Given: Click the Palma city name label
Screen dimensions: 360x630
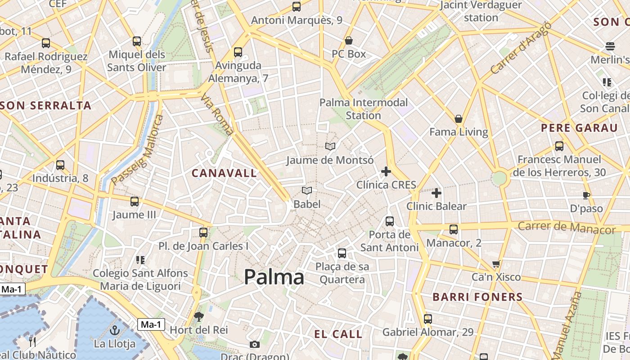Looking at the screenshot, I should [274, 277].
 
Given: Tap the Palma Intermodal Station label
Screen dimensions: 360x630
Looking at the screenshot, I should [364, 109].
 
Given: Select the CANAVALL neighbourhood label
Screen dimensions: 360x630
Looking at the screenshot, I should [224, 173].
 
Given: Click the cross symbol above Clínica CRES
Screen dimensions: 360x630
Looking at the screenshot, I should [386, 171].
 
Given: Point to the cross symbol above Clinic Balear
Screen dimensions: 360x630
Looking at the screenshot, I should [436, 193].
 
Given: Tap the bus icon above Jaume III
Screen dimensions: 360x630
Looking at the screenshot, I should [134, 202].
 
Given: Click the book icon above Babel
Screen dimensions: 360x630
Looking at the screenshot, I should [307, 191].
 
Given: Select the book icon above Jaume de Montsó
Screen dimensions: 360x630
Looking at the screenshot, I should [330, 147].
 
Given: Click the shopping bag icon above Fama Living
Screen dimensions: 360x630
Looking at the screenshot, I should [459, 119].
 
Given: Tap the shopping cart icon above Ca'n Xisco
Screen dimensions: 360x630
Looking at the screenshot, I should [496, 264].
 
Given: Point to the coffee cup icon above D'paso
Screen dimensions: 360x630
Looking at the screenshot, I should [586, 195].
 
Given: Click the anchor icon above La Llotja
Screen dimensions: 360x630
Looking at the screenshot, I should [114, 330].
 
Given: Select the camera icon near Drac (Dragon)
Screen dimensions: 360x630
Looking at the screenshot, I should [255, 345].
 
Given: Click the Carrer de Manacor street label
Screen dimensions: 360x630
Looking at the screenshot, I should [566, 228].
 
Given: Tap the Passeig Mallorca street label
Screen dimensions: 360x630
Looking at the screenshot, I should [138, 150].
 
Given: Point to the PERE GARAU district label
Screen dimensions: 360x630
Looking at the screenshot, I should [579, 128].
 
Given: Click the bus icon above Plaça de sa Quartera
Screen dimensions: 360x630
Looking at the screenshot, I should [342, 253].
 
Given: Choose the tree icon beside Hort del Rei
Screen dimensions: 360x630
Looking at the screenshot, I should [198, 317].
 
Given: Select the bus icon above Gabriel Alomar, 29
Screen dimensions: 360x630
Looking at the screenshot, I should [427, 319].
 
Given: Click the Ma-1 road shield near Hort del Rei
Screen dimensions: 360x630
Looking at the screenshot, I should [151, 324].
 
